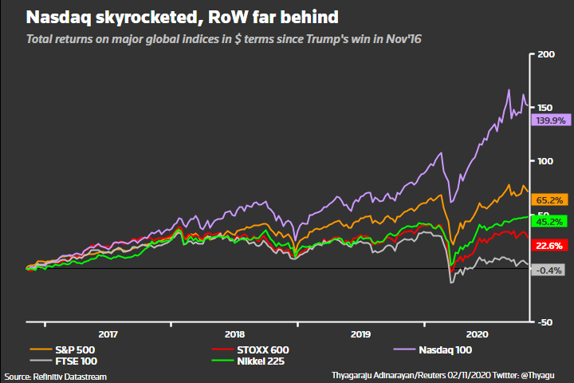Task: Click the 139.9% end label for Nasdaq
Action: click(x=547, y=120)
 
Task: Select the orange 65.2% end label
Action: click(x=547, y=199)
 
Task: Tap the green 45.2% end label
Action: click(x=547, y=221)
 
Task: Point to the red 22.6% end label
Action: click(x=547, y=246)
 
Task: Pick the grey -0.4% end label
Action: click(x=547, y=270)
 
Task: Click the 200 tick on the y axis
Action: click(x=546, y=54)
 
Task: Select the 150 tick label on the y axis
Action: click(x=546, y=108)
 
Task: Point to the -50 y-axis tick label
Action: click(x=546, y=322)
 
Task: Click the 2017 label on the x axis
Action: click(x=108, y=334)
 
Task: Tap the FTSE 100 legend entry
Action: click(x=69, y=361)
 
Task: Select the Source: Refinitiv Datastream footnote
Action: click(x=55, y=376)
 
